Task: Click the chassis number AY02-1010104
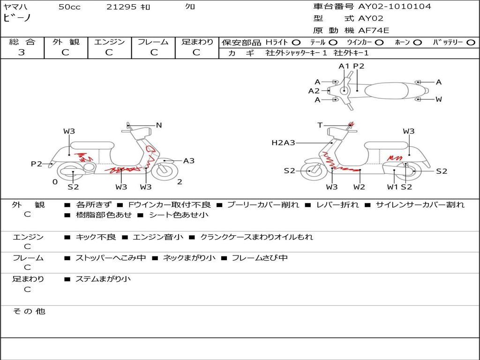click(395, 6)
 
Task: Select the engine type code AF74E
click(374, 30)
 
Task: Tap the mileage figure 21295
click(121, 7)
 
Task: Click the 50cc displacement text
click(69, 7)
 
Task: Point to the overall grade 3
click(22, 52)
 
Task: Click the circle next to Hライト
click(296, 43)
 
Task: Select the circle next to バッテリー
click(471, 43)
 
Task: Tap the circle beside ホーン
click(417, 43)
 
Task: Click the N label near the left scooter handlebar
click(158, 125)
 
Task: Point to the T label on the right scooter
click(320, 125)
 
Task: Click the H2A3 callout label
click(283, 142)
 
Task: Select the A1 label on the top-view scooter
click(344, 66)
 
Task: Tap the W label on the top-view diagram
click(439, 99)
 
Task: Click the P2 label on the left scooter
click(37, 164)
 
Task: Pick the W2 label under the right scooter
click(359, 187)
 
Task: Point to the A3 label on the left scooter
click(188, 161)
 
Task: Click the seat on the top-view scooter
click(386, 90)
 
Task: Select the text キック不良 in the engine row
click(96, 237)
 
